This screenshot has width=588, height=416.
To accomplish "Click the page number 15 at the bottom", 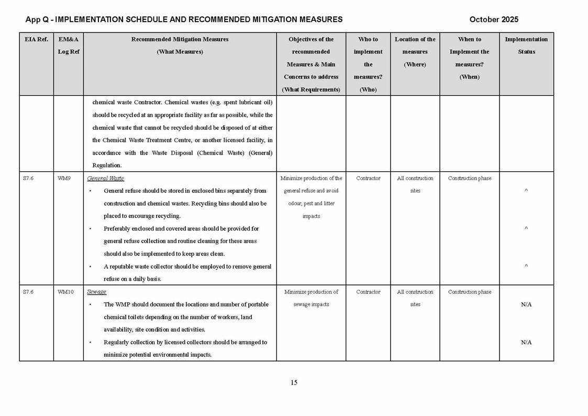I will pyautogui.click(x=294, y=382).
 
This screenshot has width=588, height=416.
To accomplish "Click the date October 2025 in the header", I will pyautogui.click(x=494, y=19).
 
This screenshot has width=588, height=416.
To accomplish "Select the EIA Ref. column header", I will pyautogui.click(x=36, y=39).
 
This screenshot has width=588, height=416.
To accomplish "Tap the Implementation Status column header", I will pyautogui.click(x=526, y=46).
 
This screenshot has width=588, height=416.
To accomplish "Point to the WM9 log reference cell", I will pyautogui.click(x=64, y=179).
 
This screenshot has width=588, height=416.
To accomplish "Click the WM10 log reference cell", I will pyautogui.click(x=65, y=292).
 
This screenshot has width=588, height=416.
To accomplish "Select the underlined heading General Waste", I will pyautogui.click(x=105, y=179).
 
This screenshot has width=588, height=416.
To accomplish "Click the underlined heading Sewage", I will pyautogui.click(x=96, y=292).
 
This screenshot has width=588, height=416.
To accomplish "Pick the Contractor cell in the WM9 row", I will pyautogui.click(x=368, y=179).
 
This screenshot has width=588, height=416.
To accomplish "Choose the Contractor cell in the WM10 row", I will pyautogui.click(x=368, y=292).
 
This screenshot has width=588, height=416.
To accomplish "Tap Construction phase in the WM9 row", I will pyautogui.click(x=470, y=179).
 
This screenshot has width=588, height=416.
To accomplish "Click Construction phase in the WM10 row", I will pyautogui.click(x=470, y=292).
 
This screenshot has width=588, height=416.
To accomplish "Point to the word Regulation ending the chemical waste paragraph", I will pyautogui.click(x=107, y=166).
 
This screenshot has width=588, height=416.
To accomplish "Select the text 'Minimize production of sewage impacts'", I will pyautogui.click(x=311, y=298).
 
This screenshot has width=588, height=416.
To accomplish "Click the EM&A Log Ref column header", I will pyautogui.click(x=69, y=46).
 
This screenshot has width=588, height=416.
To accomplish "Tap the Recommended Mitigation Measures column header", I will pyautogui.click(x=180, y=46).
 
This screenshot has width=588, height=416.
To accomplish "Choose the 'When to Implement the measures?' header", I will pyautogui.click(x=469, y=58).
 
